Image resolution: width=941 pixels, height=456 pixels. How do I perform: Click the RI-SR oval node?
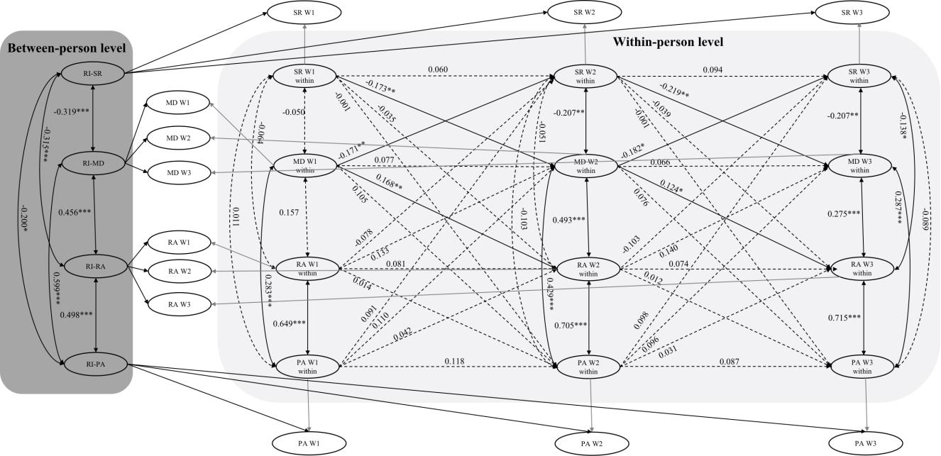96,72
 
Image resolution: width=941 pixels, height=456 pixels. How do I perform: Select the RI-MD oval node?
96,164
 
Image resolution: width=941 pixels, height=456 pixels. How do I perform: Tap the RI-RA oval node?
96,266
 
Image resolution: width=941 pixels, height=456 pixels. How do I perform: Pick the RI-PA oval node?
96,365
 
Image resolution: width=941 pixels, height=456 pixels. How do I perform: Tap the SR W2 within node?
585,77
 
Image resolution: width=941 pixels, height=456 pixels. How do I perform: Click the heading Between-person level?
67,48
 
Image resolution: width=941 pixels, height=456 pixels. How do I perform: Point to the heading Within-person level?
668,42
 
